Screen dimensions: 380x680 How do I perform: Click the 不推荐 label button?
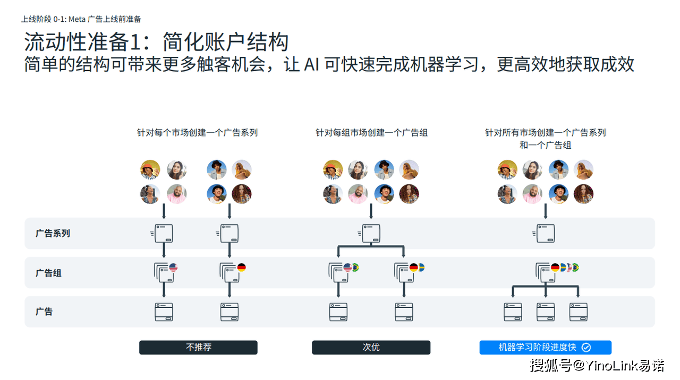[198, 348]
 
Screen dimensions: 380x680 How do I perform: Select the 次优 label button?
[371, 348]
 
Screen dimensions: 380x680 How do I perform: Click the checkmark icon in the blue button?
[586, 348]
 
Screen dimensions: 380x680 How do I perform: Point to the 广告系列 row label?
[53, 233]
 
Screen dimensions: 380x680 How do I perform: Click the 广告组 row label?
[48, 273]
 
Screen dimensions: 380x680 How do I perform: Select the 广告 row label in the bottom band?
[44, 312]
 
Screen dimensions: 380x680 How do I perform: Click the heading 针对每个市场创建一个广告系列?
[197, 132]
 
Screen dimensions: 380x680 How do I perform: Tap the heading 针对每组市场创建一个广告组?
[371, 132]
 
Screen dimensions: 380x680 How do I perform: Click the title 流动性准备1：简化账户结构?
[156, 42]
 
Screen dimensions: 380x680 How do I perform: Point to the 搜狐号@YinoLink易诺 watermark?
[598, 366]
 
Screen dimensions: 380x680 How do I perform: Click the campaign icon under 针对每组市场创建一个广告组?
[371, 233]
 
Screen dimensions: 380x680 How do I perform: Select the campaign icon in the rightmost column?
[545, 233]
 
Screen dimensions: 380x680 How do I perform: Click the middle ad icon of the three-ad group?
[546, 312]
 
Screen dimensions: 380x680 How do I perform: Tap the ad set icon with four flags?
[546, 272]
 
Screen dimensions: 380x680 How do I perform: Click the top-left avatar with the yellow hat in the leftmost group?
[150, 170]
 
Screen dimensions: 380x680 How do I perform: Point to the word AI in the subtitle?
[312, 65]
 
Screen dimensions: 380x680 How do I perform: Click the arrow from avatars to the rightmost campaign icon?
[546, 211]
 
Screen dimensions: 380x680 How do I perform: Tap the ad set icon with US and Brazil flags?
[338, 272]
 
